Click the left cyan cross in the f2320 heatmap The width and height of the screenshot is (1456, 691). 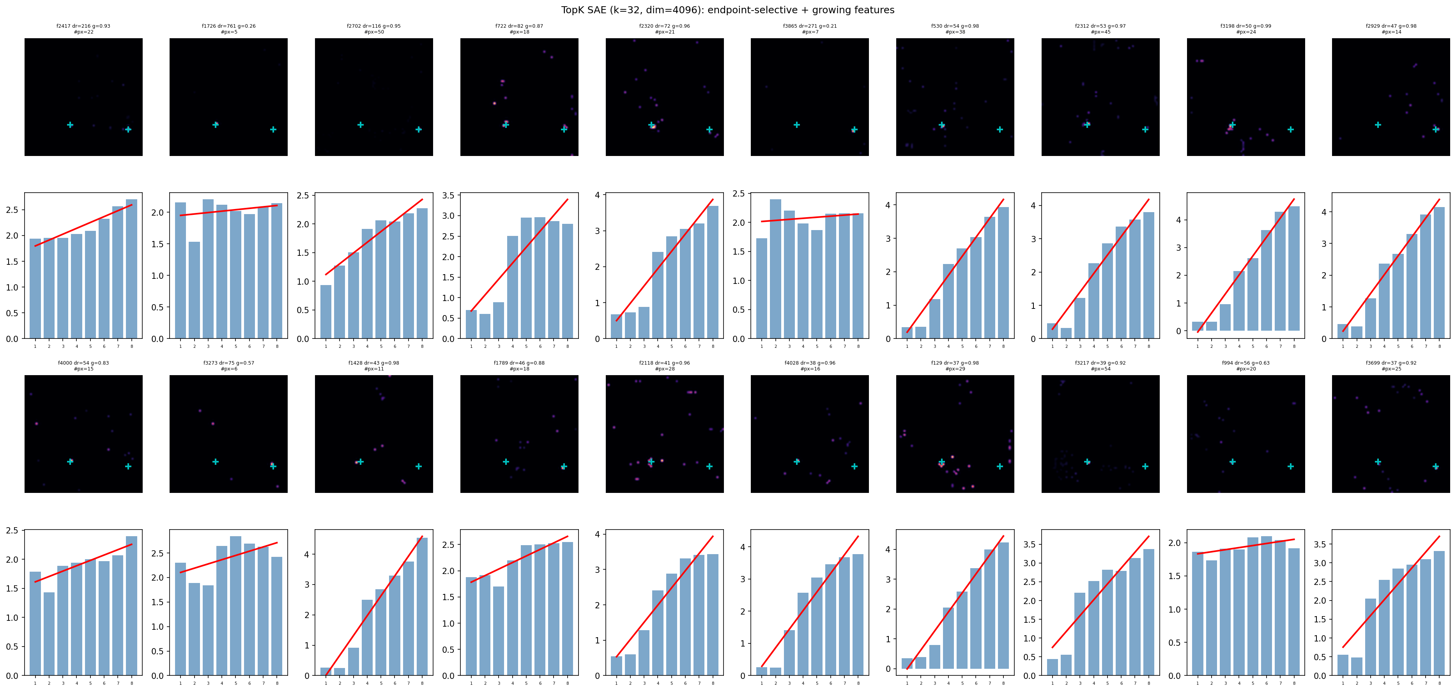coord(651,125)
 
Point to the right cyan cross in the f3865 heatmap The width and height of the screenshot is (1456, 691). coord(854,129)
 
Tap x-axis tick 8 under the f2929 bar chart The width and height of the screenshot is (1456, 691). coord(1440,346)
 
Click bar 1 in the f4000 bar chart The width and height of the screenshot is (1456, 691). coord(35,624)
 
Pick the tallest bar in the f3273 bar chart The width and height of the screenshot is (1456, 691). coord(236,606)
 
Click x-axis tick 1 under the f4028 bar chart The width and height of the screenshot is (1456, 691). coord(761,683)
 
